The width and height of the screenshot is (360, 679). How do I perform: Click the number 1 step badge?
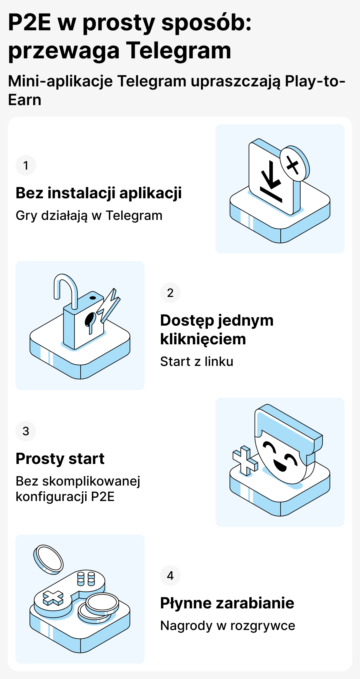26,165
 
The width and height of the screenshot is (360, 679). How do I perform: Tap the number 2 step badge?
170,293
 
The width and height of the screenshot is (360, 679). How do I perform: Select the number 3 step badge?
26,431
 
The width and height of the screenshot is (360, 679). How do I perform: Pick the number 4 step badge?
170,576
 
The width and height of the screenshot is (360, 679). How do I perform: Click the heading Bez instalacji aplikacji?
99,193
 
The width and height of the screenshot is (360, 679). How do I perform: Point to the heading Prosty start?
60,459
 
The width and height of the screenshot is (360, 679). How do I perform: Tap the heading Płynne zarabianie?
227,603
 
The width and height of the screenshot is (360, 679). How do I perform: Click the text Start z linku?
197,361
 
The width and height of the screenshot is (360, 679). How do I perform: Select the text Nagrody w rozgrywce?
228,625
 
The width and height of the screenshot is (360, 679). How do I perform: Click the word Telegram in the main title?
178,51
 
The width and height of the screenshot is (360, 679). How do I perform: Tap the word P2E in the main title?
30,23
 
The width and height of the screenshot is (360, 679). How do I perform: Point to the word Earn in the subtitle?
25,100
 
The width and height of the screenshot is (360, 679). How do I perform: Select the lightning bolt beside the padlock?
109,304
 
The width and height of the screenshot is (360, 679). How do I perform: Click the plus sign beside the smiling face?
245,460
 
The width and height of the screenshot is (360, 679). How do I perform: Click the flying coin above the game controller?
48,559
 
